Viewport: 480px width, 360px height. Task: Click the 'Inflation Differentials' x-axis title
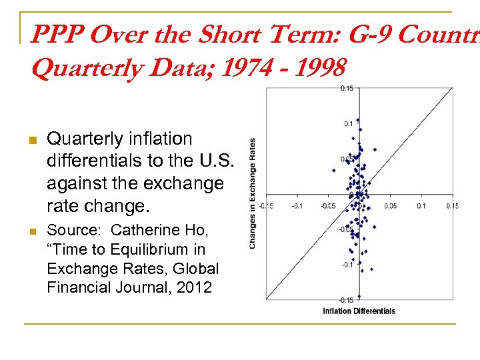[359, 311]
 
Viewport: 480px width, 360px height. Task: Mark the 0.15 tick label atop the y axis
[347, 89]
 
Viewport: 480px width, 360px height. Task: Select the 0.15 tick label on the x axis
[452, 206]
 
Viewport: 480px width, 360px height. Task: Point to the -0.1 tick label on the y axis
[347, 265]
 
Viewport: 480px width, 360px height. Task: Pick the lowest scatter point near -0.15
[359, 296]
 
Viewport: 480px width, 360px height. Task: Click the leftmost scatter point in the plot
[333, 170]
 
